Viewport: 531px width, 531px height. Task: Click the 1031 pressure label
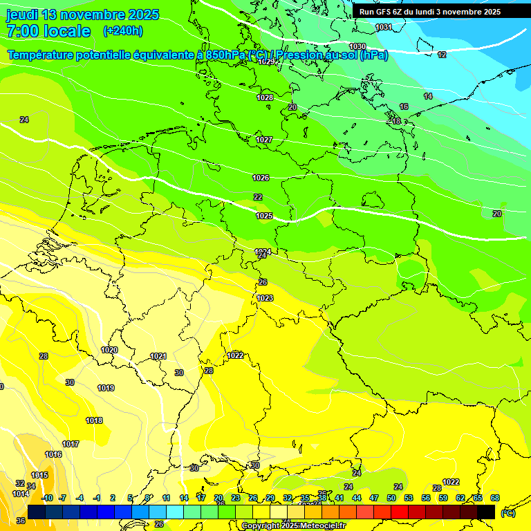coord(384,27)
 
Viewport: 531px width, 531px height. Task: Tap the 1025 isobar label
coord(264,216)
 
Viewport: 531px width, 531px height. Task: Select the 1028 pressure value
coord(265,97)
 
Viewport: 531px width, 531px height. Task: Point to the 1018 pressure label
coord(94,420)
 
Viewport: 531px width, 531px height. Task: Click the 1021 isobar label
coord(158,356)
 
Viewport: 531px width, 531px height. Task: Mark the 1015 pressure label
coord(39,475)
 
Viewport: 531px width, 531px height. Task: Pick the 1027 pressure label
coord(264,140)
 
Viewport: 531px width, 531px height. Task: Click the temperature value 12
coord(442,55)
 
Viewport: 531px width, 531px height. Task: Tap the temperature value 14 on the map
coord(428,96)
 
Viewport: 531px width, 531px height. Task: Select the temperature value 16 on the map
coord(404,106)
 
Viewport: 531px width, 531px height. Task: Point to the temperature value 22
coord(258,197)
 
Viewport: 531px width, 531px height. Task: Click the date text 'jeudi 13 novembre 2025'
coord(82,15)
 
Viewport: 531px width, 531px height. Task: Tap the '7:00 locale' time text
coord(48,31)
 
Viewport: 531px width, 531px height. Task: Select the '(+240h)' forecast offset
coord(122,31)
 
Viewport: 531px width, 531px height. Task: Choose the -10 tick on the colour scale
coord(47,498)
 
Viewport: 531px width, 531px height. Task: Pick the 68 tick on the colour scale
coord(495,498)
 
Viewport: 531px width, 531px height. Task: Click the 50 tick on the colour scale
coord(391,498)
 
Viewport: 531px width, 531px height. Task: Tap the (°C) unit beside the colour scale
coord(507,512)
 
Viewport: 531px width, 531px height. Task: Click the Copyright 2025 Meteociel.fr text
coord(293,525)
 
